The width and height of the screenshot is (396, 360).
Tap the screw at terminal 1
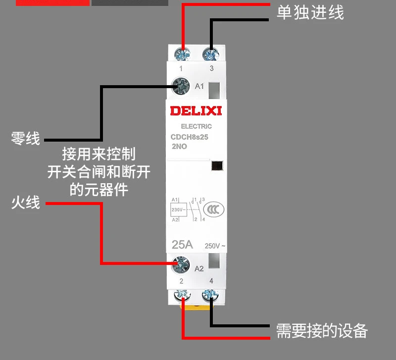pos(183,52)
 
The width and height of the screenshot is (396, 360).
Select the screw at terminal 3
pos(211,52)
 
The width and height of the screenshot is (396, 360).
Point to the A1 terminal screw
pos(181,87)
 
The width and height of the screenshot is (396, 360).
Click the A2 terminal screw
pos(181,267)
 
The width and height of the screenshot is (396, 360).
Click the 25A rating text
pos(182,244)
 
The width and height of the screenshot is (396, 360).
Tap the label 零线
pos(25,138)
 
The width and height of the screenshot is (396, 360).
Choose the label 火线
pos(25,203)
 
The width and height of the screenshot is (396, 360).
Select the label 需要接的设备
pos(322,330)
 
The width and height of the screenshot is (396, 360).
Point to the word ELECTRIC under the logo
pos(196,127)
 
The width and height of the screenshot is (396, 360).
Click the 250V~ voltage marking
pos(215,246)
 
